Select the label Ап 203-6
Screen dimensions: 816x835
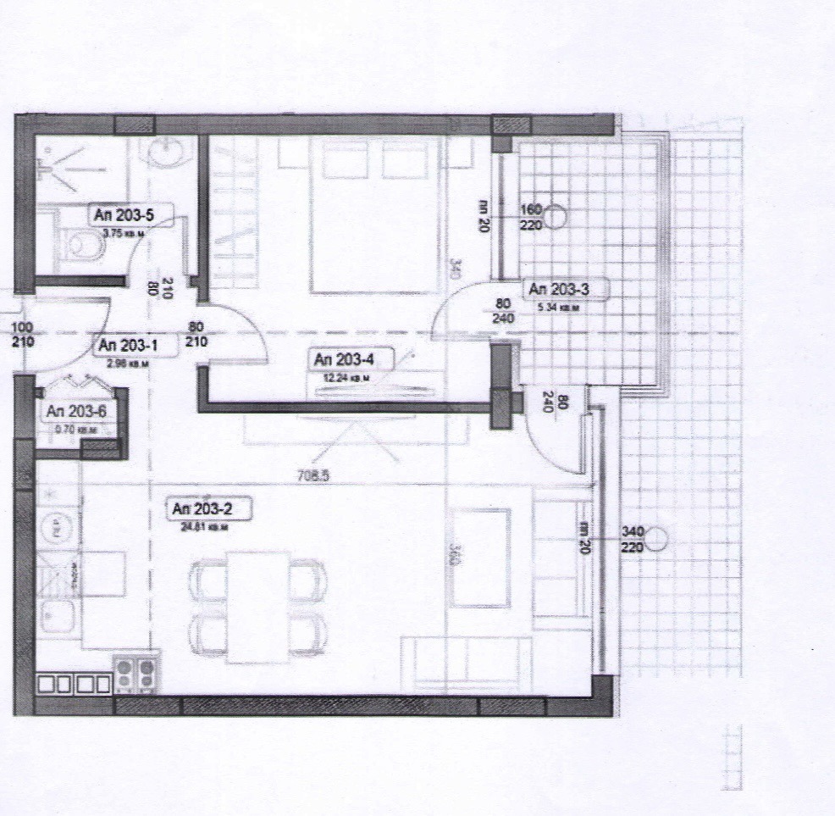point(76,412)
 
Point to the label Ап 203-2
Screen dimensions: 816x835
point(199,509)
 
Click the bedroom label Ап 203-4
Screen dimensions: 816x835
point(343,360)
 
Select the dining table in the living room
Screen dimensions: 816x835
point(257,606)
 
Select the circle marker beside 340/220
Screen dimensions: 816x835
point(658,538)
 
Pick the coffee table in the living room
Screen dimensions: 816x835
point(480,558)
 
